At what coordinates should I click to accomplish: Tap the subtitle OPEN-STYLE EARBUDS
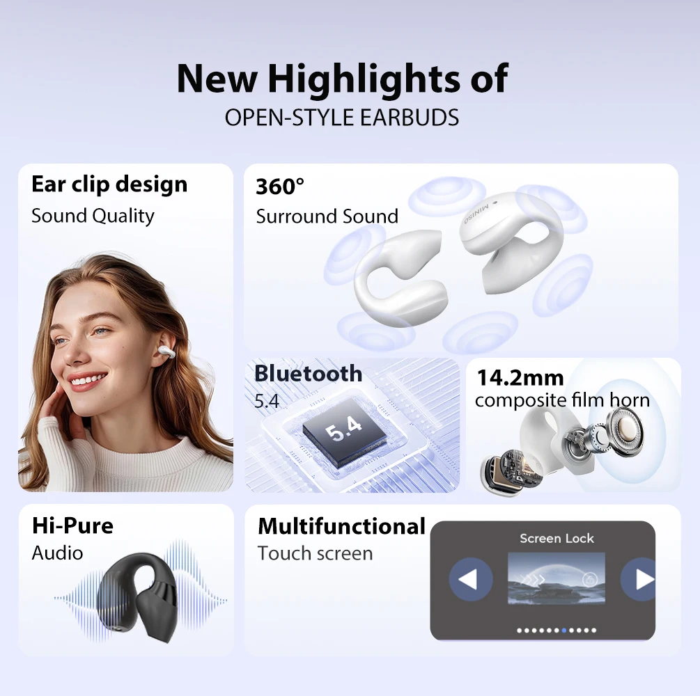click(341, 118)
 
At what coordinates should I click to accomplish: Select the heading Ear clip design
click(109, 184)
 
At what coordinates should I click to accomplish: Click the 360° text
click(280, 187)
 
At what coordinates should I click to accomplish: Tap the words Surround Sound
click(327, 216)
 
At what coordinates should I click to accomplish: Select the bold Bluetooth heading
click(308, 374)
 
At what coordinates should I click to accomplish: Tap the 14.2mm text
click(520, 378)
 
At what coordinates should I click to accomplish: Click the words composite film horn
click(561, 400)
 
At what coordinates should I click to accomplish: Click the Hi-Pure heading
click(72, 525)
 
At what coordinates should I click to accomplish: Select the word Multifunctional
click(341, 526)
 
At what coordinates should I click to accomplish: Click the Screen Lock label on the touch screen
click(557, 538)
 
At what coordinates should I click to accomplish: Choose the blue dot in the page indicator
click(564, 631)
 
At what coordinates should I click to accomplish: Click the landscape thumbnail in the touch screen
click(556, 578)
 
